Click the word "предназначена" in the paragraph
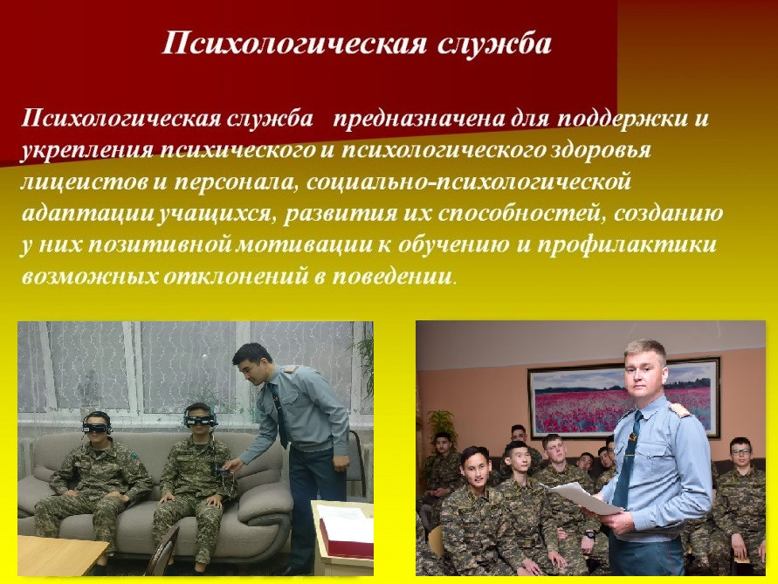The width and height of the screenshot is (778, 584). tap(418, 120)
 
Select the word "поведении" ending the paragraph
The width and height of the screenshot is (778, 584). tap(392, 277)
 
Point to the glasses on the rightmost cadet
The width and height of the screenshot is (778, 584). tap(741, 451)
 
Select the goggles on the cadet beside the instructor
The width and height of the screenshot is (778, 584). tap(200, 420)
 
